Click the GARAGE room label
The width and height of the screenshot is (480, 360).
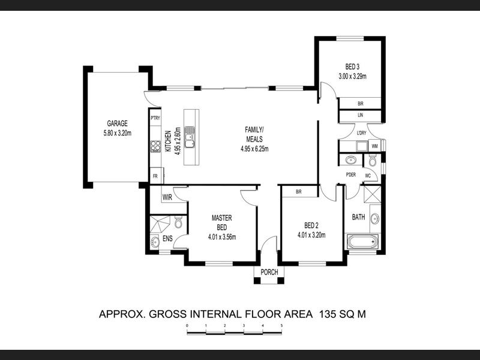pyautogui.click(x=117, y=124)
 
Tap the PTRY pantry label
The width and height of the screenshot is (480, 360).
pyautogui.click(x=155, y=118)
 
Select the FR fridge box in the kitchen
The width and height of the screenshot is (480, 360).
pyautogui.click(x=155, y=176)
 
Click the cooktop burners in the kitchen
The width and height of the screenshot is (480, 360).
pyautogui.click(x=155, y=146)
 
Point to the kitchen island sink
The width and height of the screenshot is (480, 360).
pyautogui.click(x=190, y=137)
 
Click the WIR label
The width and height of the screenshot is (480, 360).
pyautogui.click(x=167, y=197)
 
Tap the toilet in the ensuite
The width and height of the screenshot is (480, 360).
pyautogui.click(x=178, y=221)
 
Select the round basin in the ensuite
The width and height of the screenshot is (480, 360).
pyautogui.click(x=155, y=242)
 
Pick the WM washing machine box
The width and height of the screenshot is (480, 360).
pyautogui.click(x=374, y=146)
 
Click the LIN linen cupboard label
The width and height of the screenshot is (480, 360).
pyautogui.click(x=361, y=115)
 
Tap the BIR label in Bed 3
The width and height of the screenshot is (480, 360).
pyautogui.click(x=361, y=104)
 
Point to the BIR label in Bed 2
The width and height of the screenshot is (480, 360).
pyautogui.click(x=299, y=191)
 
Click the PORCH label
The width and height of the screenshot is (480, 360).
pyautogui.click(x=269, y=272)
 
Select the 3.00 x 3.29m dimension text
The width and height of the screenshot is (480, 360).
pyautogui.click(x=352, y=76)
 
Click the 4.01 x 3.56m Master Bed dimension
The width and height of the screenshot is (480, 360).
pyautogui.click(x=222, y=236)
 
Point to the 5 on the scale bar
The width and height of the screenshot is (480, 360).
pyautogui.click(x=281, y=325)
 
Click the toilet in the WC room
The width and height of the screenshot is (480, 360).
pyautogui.click(x=372, y=160)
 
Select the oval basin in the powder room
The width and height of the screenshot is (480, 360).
pyautogui.click(x=350, y=160)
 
